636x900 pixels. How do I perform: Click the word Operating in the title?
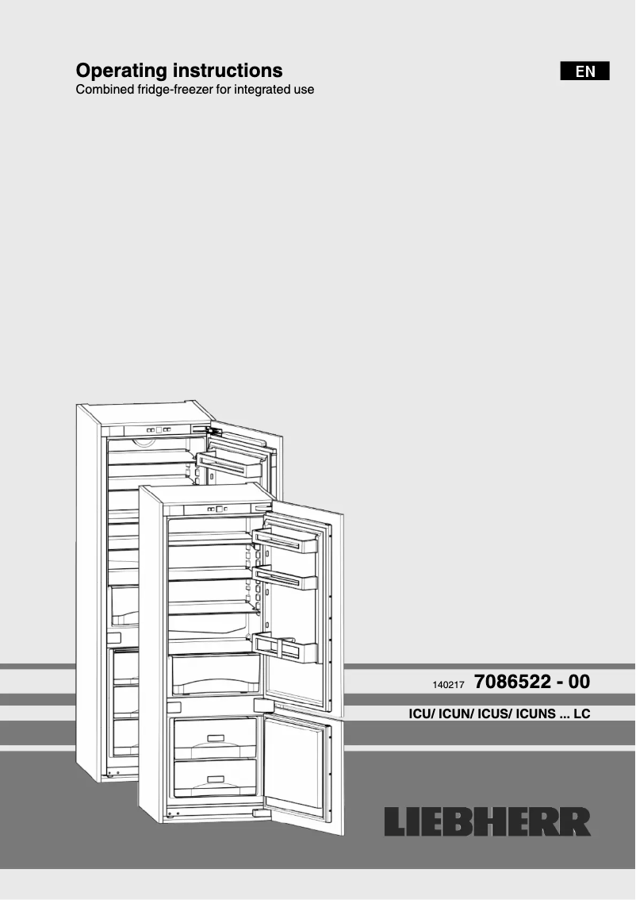click(119, 71)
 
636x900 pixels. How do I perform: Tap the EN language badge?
click(585, 71)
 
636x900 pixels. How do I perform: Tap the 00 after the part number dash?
click(578, 682)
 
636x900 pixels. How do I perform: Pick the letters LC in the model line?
click(581, 714)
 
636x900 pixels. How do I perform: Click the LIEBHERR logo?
click(488, 822)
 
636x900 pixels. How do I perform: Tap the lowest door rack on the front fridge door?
click(284, 647)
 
